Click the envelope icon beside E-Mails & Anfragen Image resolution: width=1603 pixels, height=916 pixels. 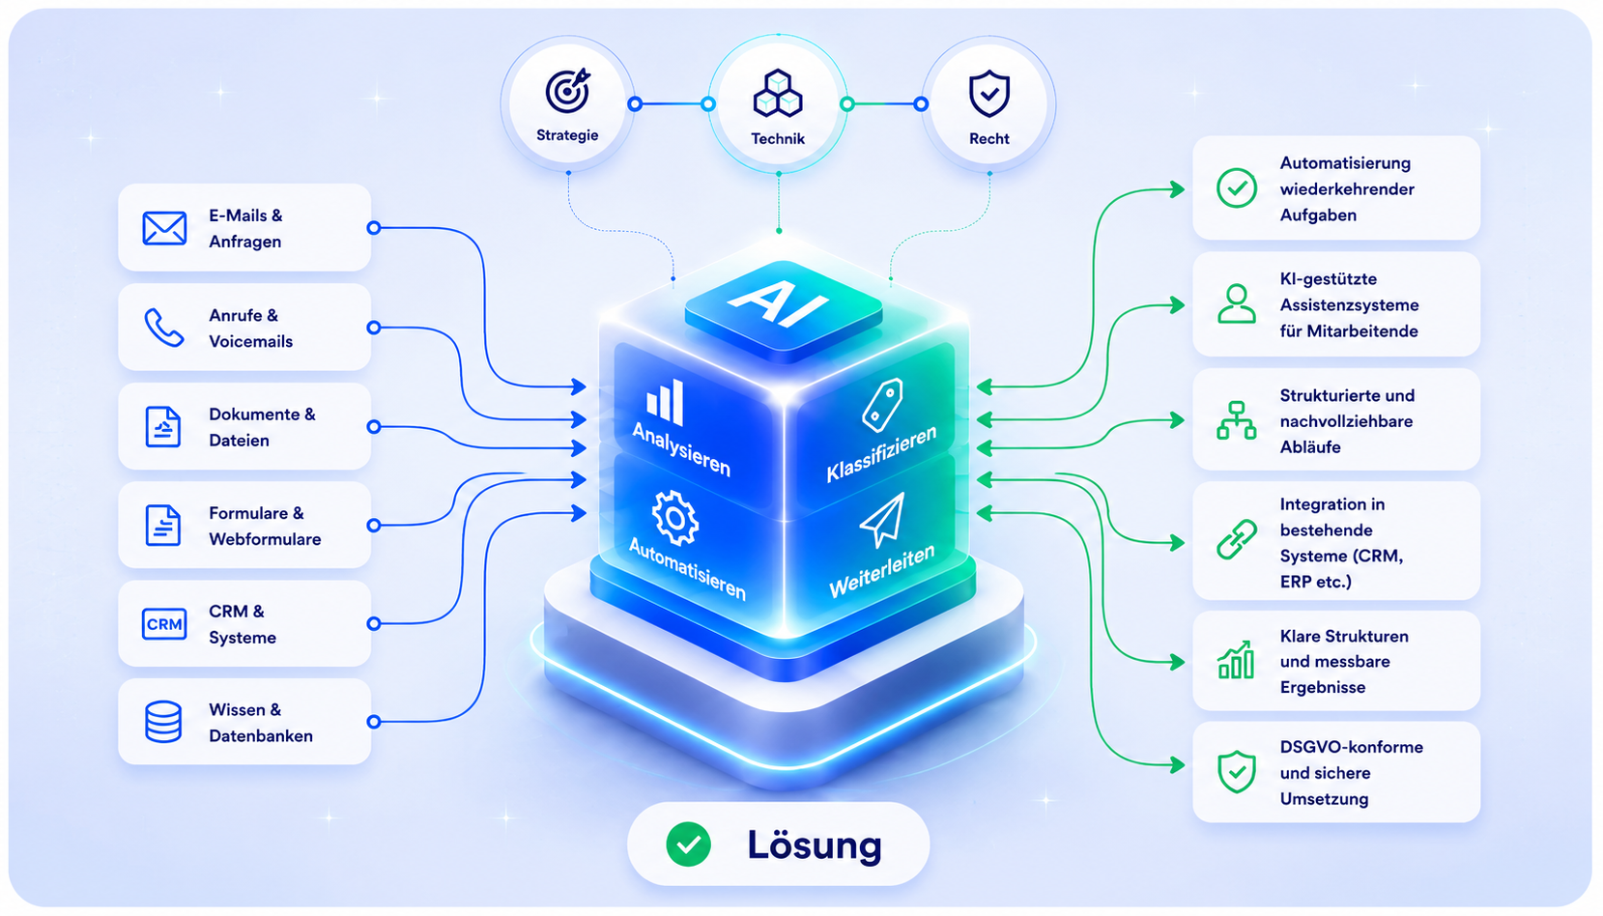[x=164, y=228]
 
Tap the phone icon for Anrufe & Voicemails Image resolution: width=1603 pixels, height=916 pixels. [x=164, y=328]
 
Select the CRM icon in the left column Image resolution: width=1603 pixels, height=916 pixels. [x=164, y=624]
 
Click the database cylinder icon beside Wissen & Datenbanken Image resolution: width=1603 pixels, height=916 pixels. [x=163, y=722]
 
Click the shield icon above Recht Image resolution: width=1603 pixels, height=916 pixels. [x=989, y=93]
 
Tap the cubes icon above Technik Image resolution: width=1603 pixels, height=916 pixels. [x=778, y=93]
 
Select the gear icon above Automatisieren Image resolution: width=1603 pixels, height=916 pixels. [x=674, y=517]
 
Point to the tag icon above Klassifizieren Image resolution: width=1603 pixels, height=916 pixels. [x=882, y=405]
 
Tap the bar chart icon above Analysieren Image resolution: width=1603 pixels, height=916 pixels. [x=665, y=401]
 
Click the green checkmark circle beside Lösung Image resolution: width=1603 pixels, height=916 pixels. [x=688, y=844]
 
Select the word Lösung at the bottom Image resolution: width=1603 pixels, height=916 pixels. [x=815, y=845]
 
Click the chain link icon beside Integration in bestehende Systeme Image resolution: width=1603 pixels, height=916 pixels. [x=1237, y=539]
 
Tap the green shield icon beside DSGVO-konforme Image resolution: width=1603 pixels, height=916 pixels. [x=1237, y=772]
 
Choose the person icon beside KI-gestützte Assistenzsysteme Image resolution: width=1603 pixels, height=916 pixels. [x=1237, y=304]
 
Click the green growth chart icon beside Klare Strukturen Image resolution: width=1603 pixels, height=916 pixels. [x=1236, y=659]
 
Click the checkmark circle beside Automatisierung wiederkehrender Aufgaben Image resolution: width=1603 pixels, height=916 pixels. [x=1237, y=188]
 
